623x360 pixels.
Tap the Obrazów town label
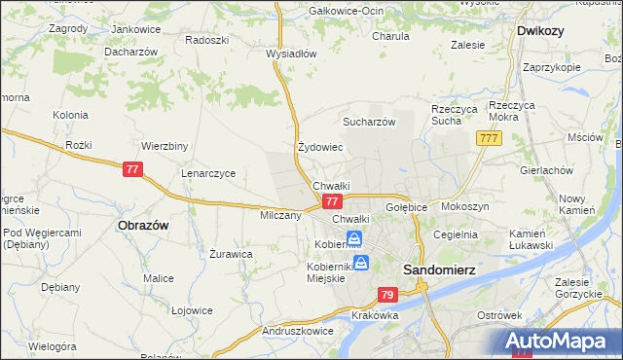tap(143, 224)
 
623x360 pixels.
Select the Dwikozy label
tap(541, 30)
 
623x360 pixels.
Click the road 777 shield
tap(489, 140)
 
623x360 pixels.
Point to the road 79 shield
tap(387, 295)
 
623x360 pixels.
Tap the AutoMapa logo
tap(560, 341)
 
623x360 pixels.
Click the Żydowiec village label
tap(320, 148)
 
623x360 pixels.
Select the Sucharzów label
tap(368, 122)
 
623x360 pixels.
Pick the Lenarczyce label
tap(208, 173)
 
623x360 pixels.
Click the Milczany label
tap(280, 215)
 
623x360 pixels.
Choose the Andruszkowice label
tap(298, 331)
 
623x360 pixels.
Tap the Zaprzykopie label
tap(551, 67)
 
